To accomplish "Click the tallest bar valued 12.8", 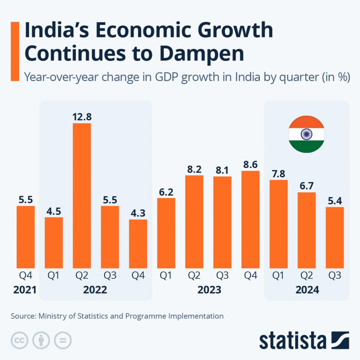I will pos(82,195).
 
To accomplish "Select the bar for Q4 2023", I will pos(250,219).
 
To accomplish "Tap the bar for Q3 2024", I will pos(335,237).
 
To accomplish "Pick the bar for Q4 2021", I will pos(26,237).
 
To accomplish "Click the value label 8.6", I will pos(250,165).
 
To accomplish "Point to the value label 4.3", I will pos(138,213).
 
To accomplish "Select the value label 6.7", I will pos(307,186).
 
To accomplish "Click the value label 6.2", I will pos(166,192).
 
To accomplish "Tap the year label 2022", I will pos(95,290).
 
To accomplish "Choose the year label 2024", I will pos(307,290).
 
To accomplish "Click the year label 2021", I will pos(25,290).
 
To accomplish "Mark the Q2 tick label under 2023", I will pos(194,276).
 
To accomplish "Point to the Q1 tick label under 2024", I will pos(278,276).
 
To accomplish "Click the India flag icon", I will pos(306,135).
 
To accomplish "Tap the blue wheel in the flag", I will pos(306,134).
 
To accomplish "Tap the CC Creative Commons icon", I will pos(20,340).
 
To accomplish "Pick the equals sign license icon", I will pos(63,340).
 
